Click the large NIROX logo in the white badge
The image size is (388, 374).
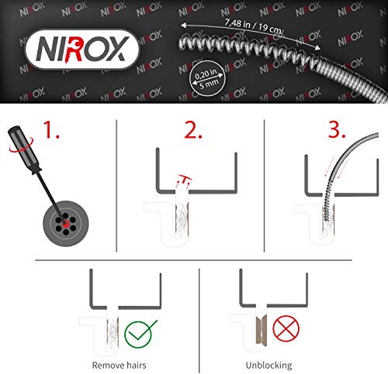click(82, 50)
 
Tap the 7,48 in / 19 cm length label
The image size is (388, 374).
click(253, 26)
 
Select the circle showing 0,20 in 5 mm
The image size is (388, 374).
click(208, 78)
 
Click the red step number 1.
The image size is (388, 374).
click(50, 130)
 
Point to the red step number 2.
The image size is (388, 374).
click(193, 130)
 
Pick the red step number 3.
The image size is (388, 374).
click(337, 129)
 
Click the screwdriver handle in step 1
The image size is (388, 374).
click(25, 149)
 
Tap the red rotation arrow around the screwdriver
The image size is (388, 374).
click(21, 145)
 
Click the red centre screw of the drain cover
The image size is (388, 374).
click(66, 222)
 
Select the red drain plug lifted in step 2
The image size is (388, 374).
click(185, 180)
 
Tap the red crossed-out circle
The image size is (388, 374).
click(286, 328)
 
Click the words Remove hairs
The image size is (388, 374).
click(119, 365)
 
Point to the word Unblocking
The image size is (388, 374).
click(268, 365)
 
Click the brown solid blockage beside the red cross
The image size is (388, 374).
click(262, 330)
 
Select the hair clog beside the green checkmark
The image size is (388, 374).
click(113, 333)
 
